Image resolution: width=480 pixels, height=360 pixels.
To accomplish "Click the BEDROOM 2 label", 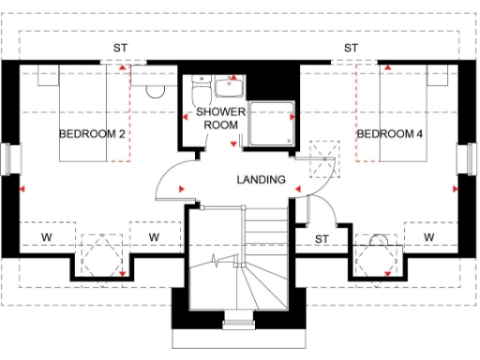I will [92, 134].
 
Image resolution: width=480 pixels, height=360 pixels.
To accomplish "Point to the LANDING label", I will [261, 179].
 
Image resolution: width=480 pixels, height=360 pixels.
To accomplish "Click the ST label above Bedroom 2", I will [121, 48].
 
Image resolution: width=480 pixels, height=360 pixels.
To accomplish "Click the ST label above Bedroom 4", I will [351, 48].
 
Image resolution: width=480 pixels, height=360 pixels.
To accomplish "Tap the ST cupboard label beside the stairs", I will [321, 238].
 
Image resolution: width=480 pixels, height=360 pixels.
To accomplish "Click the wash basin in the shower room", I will [227, 88].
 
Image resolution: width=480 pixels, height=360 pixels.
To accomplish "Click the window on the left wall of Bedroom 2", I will [10, 158].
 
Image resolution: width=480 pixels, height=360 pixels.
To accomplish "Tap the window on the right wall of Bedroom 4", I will [466, 158].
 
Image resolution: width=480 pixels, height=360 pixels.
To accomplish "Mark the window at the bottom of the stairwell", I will [239, 325].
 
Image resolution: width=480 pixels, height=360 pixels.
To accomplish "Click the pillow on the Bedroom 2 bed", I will [48, 79].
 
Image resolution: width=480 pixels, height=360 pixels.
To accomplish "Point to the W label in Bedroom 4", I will [428, 236].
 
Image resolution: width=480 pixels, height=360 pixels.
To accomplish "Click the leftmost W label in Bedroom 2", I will [45, 236].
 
